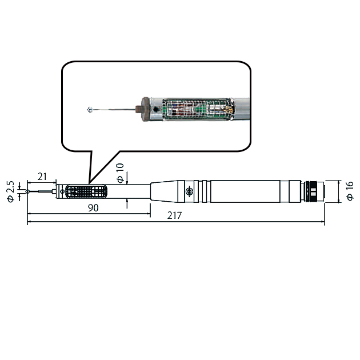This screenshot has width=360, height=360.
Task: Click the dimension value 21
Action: tap(42, 177)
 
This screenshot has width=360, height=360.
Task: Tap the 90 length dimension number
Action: tap(93, 208)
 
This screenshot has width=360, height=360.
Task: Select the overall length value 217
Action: tap(174, 215)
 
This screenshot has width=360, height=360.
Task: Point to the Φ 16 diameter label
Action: tap(350, 191)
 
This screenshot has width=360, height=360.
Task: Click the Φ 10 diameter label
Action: tap(121, 173)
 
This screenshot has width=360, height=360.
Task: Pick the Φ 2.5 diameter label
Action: tap(10, 191)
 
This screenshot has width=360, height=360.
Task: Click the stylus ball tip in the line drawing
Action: tap(27, 191)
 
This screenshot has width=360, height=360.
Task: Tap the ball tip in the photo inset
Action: tap(90, 110)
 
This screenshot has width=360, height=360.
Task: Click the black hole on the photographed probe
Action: tap(156, 109)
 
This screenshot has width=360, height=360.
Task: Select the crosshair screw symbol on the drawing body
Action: tap(189, 191)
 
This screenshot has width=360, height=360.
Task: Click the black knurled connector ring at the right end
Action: tap(313, 191)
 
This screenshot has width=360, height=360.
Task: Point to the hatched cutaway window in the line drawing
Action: tap(86, 191)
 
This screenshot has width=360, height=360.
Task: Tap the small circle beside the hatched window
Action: tap(62, 191)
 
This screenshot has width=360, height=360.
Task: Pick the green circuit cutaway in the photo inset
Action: tap(198, 110)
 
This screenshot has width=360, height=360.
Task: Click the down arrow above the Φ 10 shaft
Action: tap(127, 179)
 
